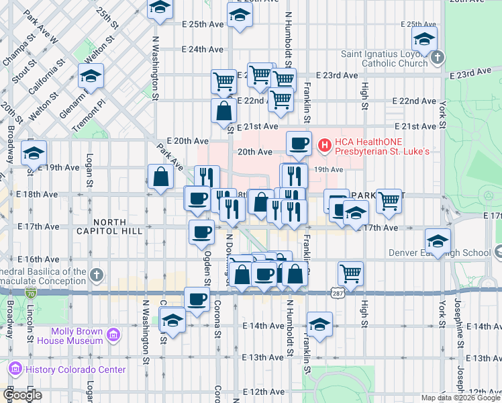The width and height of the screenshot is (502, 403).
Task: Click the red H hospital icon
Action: pyautogui.click(x=325, y=144)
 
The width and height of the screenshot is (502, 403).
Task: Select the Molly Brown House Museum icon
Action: pyautogui.click(x=113, y=335)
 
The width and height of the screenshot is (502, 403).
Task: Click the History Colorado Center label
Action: pyautogui.click(x=75, y=369)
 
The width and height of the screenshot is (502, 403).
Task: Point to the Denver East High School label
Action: pyautogui.click(x=440, y=253)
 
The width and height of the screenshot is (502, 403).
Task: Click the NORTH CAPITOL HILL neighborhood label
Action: pyautogui.click(x=111, y=226)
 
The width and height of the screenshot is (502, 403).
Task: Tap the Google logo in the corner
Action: pyautogui.click(x=22, y=395)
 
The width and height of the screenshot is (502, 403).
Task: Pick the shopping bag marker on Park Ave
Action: pyautogui.click(x=161, y=177)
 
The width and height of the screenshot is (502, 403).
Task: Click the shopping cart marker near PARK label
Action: pyautogui.click(x=389, y=199)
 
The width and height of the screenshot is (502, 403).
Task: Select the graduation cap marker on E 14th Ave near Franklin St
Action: pyautogui.click(x=320, y=324)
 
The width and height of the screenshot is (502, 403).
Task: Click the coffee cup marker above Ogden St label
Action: pyautogui.click(x=201, y=232)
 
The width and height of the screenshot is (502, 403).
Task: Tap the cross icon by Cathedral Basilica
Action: pyautogui.click(x=96, y=275)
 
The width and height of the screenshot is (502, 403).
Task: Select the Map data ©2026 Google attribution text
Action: pyautogui.click(x=460, y=398)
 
